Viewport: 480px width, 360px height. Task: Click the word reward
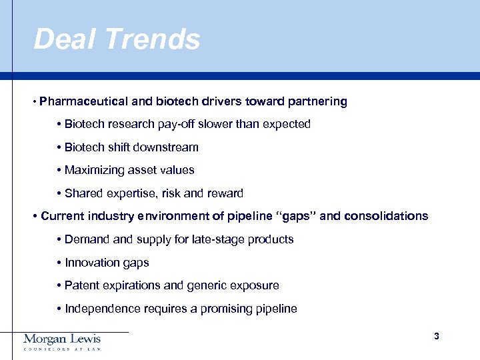point(225,193)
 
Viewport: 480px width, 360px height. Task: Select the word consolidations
point(386,216)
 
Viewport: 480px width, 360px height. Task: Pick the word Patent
point(81,285)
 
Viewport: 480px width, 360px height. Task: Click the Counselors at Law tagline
point(62,349)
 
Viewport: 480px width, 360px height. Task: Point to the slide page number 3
point(436,336)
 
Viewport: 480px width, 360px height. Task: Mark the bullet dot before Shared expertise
point(59,194)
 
